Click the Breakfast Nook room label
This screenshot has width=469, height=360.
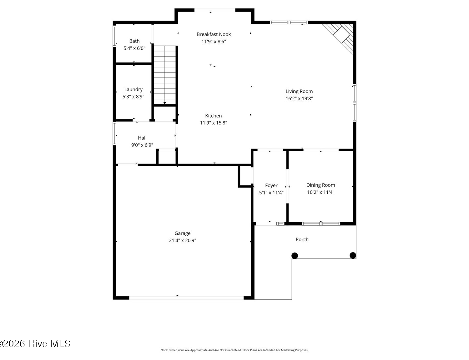point(214,34)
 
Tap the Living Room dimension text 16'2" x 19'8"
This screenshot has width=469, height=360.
point(299,98)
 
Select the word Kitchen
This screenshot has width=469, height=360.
point(213,116)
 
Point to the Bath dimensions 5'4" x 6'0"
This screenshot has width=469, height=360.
point(134,48)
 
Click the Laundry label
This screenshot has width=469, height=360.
point(134,89)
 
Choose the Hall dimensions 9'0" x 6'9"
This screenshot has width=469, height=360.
point(142,145)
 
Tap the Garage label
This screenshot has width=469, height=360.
point(182,233)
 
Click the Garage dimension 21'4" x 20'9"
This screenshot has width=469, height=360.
point(182,241)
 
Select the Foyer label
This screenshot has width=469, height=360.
point(271,186)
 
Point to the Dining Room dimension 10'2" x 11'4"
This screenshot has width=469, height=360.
point(320,192)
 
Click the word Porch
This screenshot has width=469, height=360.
point(302,239)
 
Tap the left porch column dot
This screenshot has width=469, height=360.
point(295,256)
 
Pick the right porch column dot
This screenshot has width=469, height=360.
point(353,255)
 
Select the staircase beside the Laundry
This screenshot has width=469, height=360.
point(165,75)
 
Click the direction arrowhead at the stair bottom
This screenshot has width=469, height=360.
point(165,103)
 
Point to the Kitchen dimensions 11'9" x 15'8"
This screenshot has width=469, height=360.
point(213,123)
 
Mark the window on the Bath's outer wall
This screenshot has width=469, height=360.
point(114,36)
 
